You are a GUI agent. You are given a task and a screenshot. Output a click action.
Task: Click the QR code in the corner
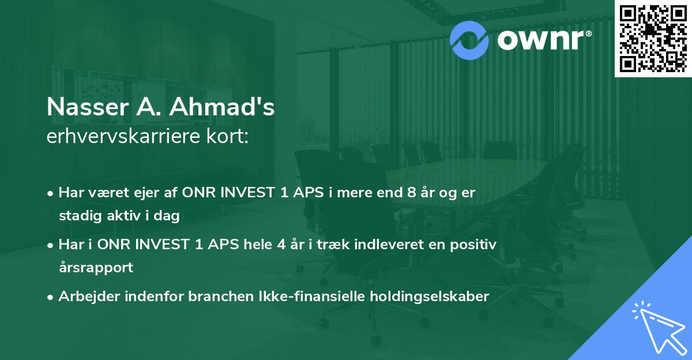pos(653,39)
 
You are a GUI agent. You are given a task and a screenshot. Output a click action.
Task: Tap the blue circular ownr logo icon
pos(469,39)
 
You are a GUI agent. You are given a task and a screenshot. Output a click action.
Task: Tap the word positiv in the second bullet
pos(475,245)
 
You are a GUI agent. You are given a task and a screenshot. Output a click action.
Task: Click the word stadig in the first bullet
pos(76,216)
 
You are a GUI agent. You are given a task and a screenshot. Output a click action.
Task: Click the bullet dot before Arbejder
pos(51,297)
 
